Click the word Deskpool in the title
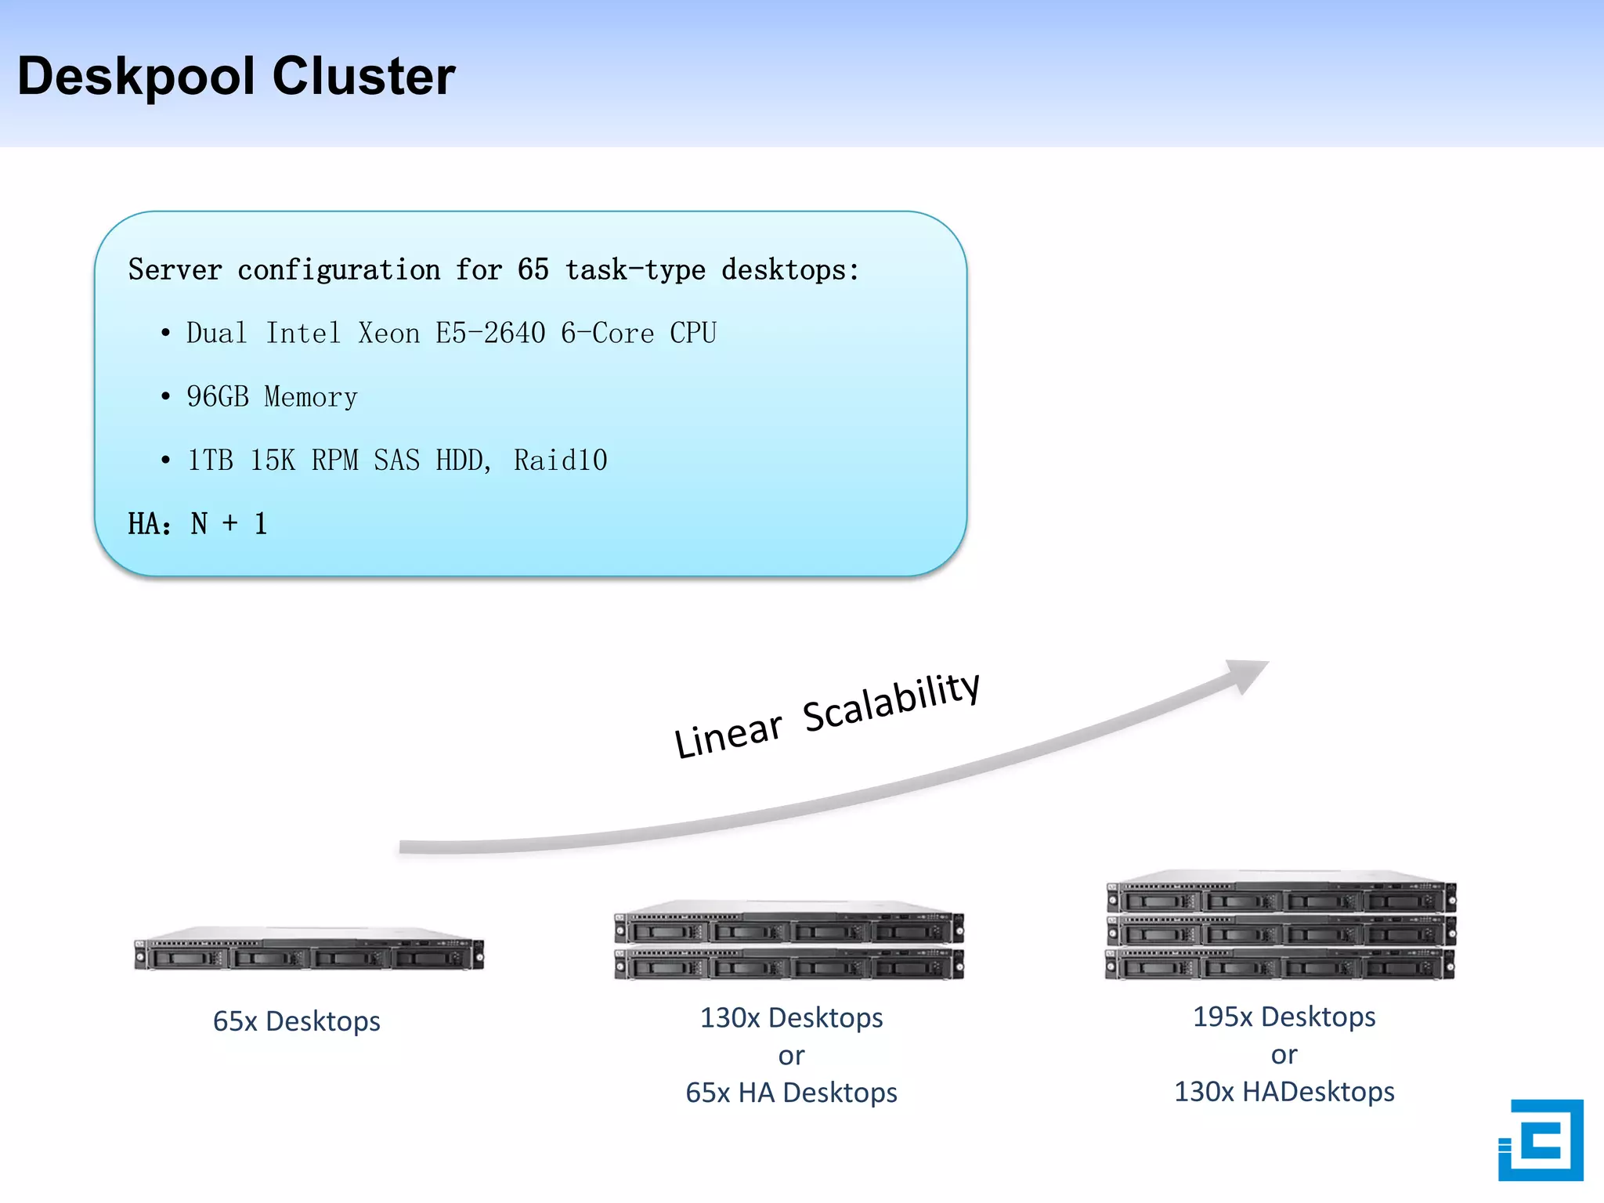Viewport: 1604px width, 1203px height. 136,77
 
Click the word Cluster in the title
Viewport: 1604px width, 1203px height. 363,77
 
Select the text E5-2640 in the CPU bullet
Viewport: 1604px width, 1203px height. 490,334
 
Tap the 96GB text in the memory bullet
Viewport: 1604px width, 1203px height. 218,397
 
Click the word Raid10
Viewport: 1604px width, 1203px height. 560,461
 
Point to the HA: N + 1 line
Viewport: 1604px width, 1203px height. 197,523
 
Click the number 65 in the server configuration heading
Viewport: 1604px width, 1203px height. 533,270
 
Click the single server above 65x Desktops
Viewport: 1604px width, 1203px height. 309,951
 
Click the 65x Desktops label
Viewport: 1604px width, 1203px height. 296,1021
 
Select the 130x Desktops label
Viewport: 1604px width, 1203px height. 791,1017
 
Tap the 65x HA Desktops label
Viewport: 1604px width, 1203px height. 791,1093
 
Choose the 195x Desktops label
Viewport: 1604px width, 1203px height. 1284,1017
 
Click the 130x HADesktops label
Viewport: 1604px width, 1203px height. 1284,1092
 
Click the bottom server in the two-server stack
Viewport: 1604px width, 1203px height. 789,965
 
